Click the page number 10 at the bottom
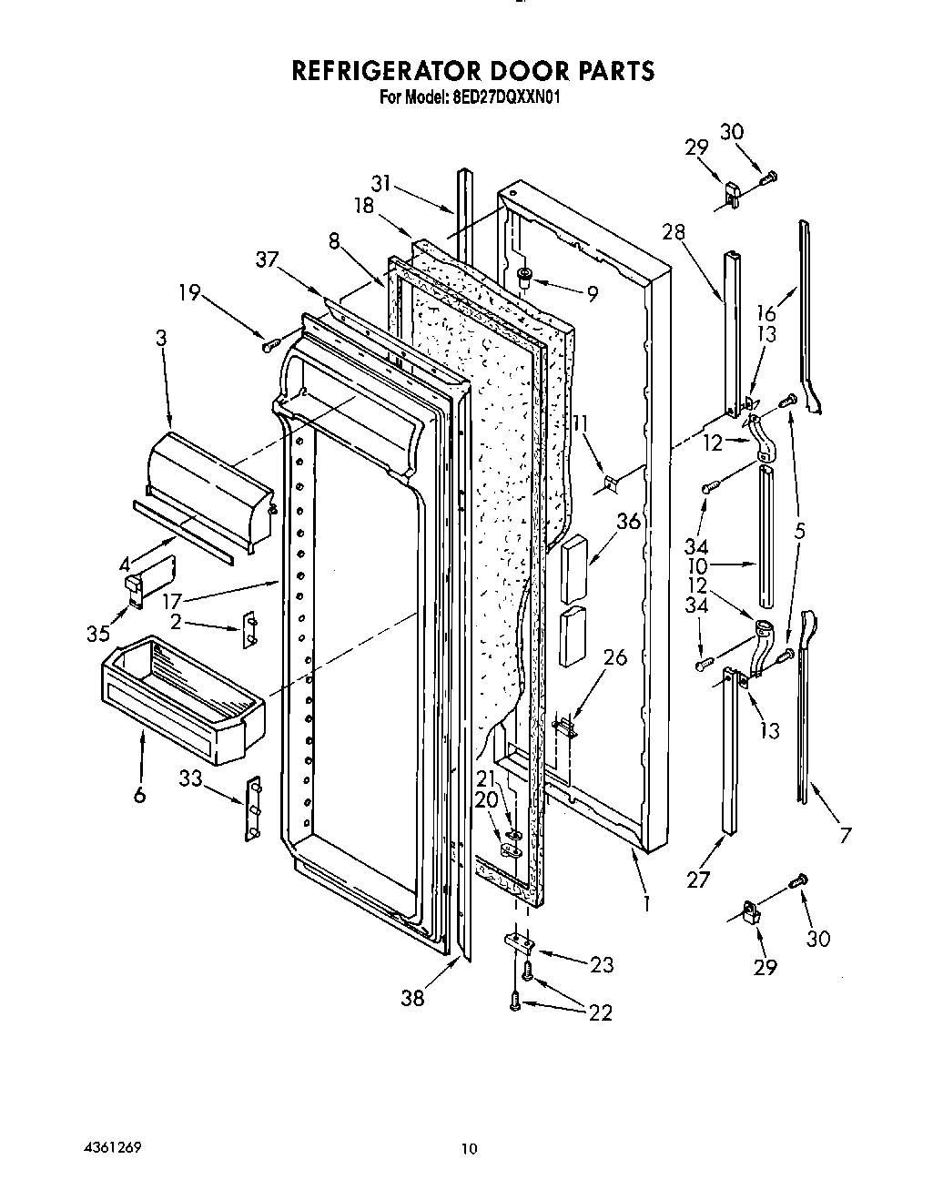coord(468,1149)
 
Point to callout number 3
coord(161,337)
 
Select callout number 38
coord(413,998)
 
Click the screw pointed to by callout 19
coord(268,346)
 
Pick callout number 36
coord(628,522)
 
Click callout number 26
coord(615,656)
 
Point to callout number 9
coord(592,294)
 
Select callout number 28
coord(674,231)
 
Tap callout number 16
coord(766,314)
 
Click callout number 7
coord(846,834)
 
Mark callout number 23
coord(602,965)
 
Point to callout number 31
coord(380,183)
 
